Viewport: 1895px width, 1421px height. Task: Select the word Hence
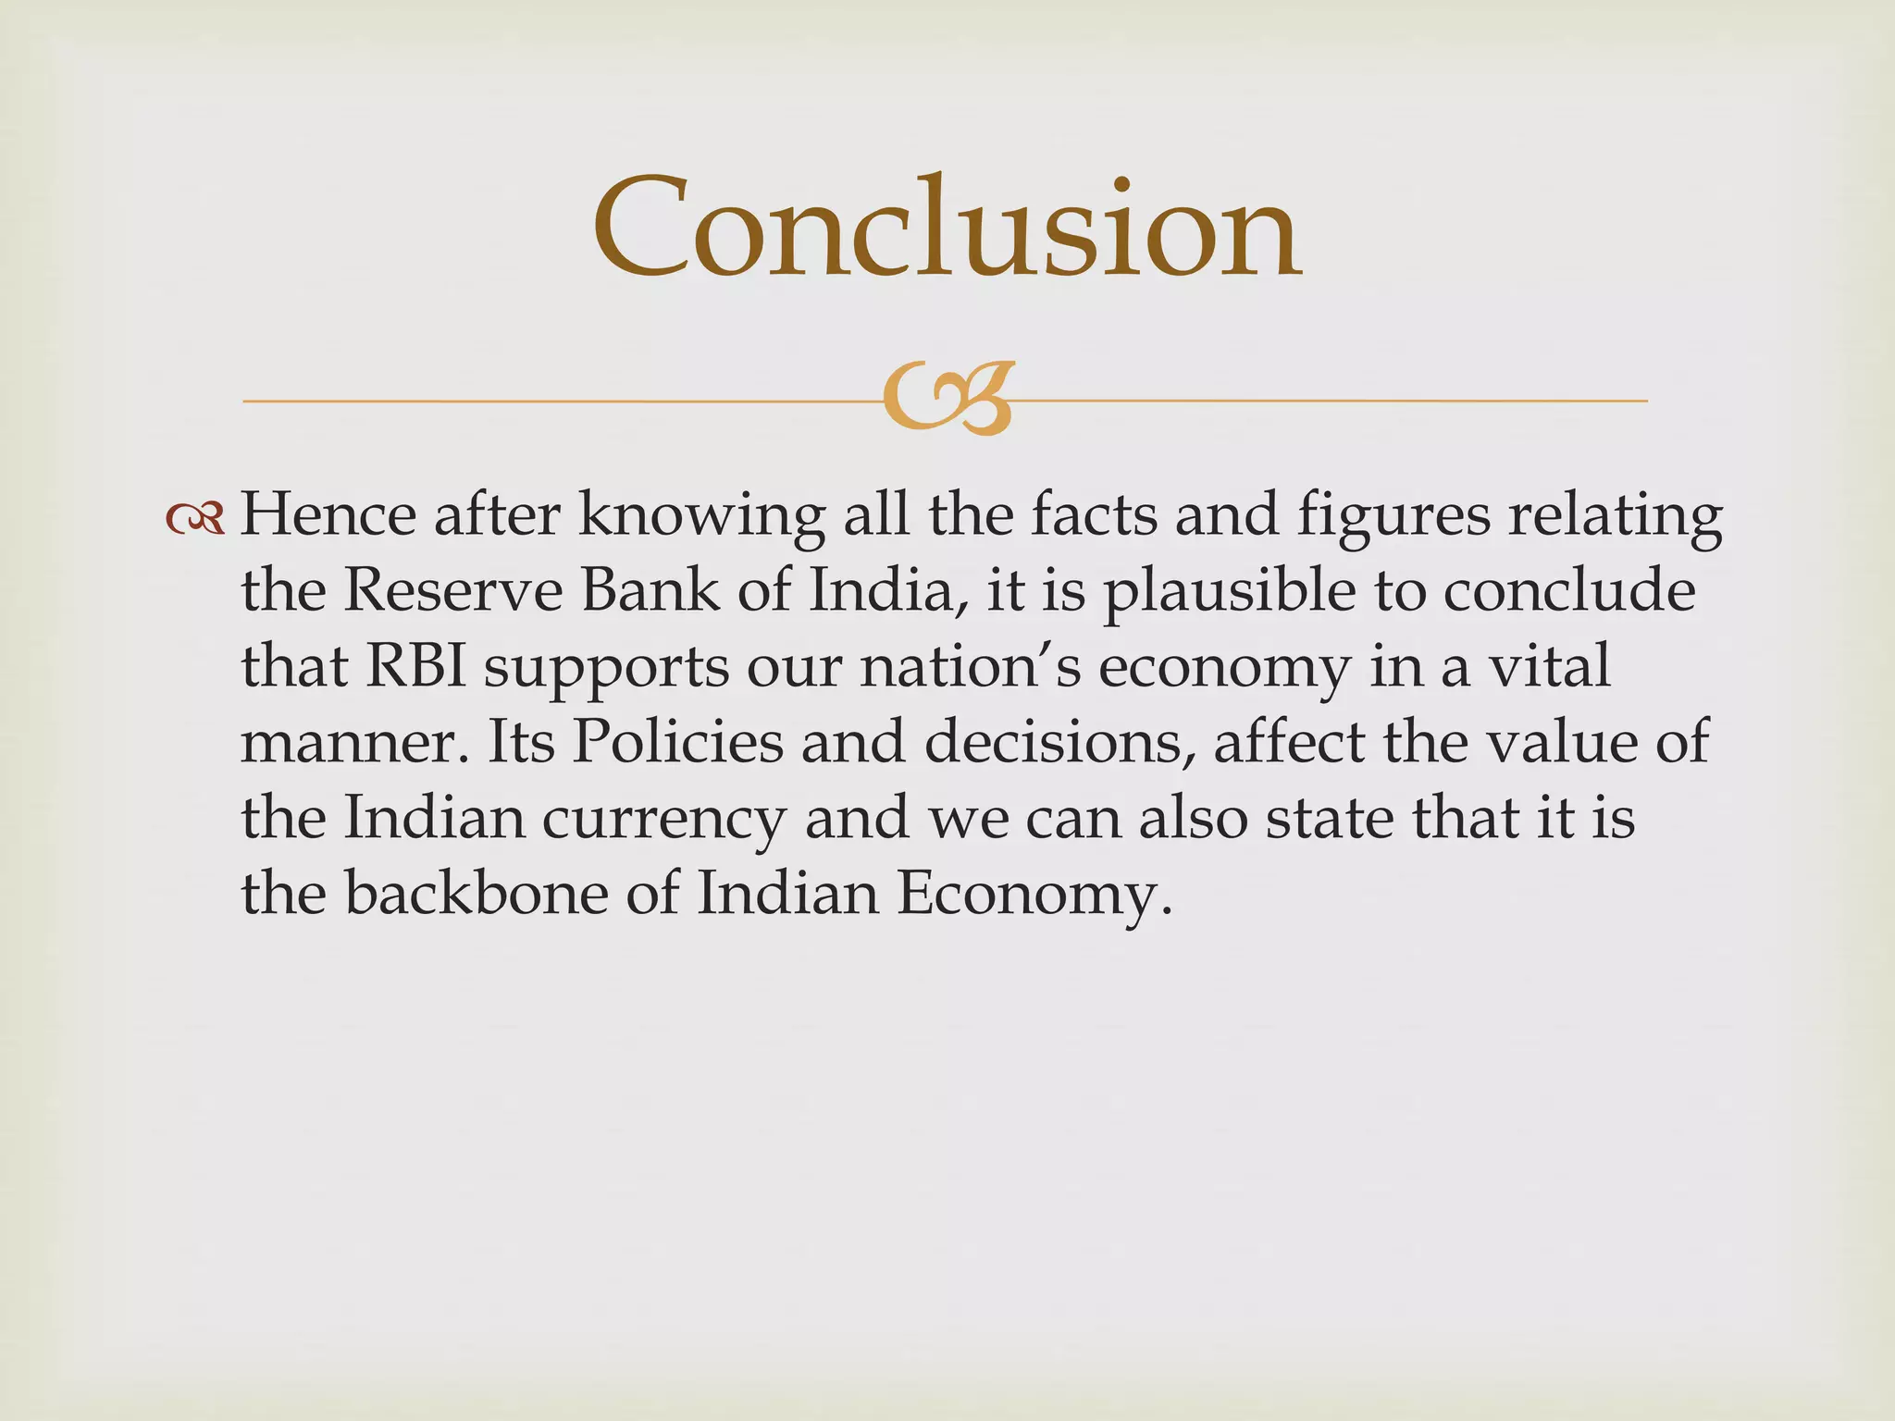click(x=328, y=514)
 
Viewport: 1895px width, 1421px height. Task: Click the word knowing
click(x=701, y=516)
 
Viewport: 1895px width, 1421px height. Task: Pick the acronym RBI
click(x=416, y=666)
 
